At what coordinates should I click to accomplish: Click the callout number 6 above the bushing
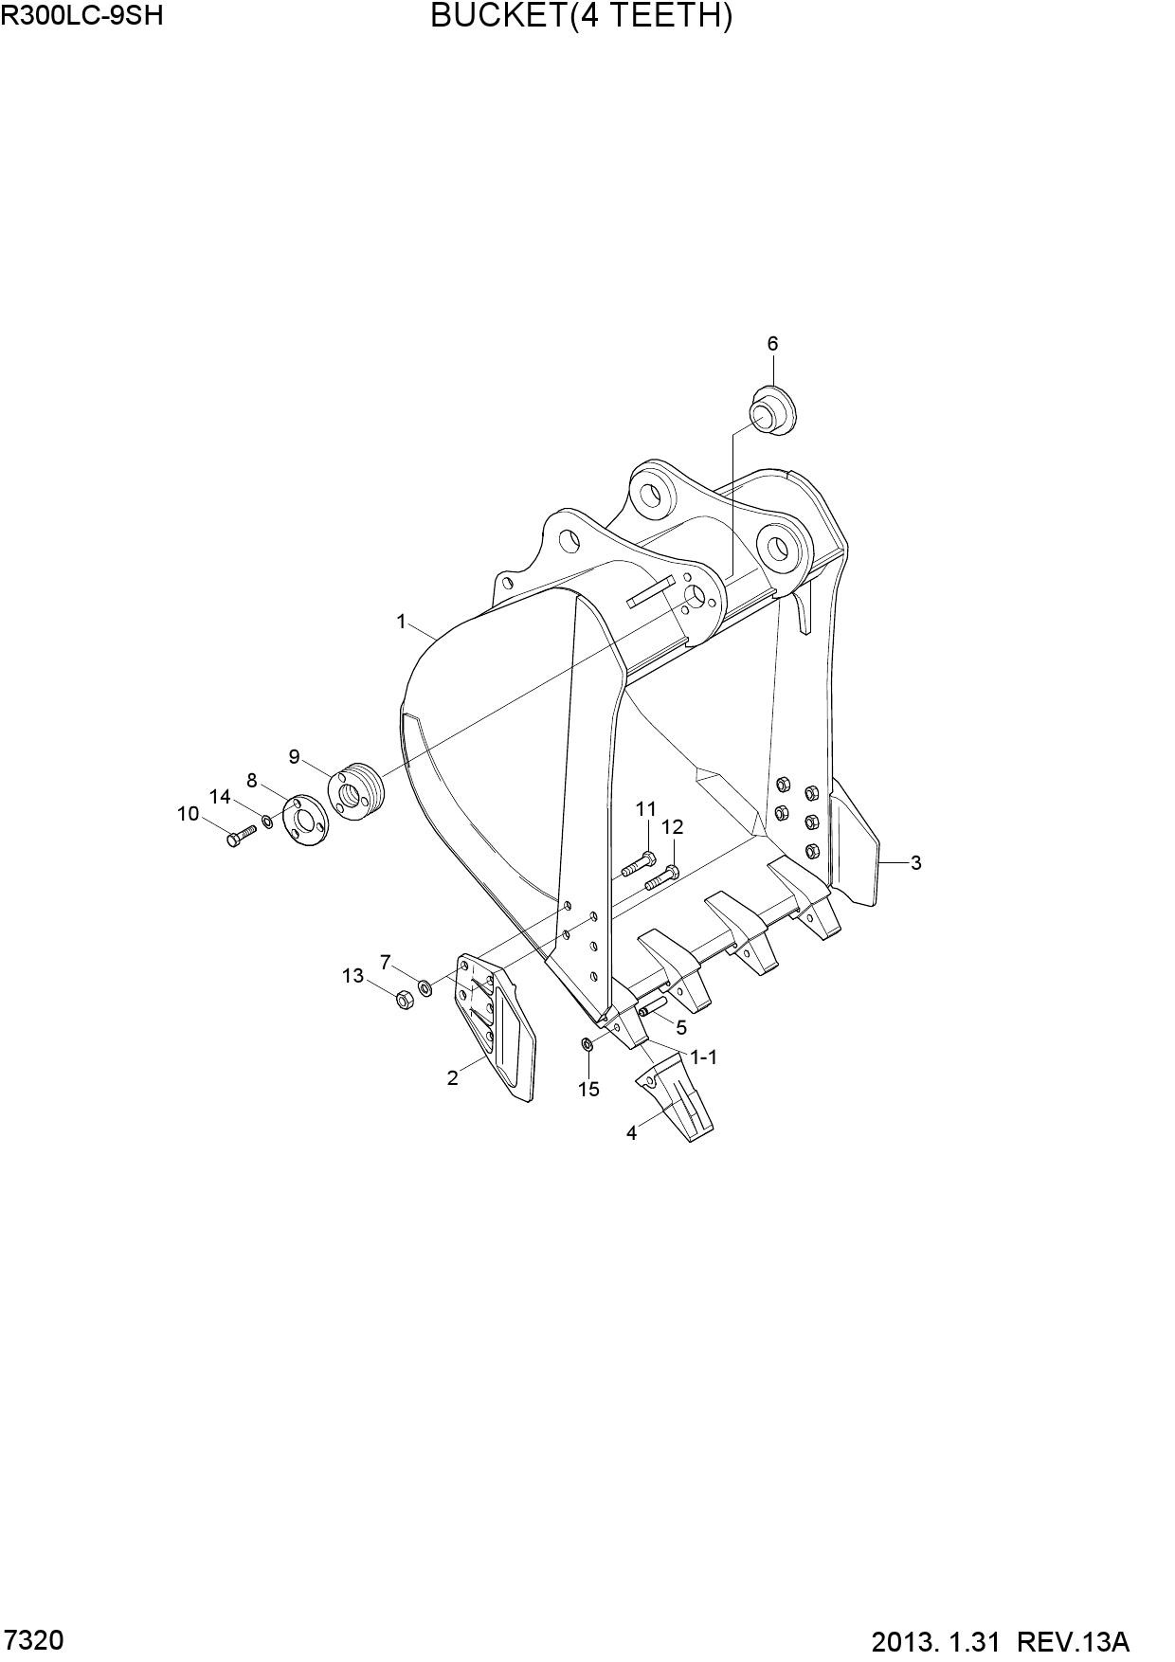tap(772, 344)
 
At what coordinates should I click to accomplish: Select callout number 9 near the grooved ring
tap(295, 757)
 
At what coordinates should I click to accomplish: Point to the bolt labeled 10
tap(242, 837)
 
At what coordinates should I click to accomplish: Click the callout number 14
tap(220, 797)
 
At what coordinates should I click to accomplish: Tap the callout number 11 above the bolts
tap(646, 809)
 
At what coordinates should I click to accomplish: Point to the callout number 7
tap(385, 963)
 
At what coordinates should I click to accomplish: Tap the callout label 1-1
tap(704, 1057)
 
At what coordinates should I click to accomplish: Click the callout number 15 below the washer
tap(588, 1090)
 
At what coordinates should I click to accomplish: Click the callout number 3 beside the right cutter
tap(916, 863)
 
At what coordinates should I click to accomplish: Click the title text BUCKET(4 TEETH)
tap(581, 16)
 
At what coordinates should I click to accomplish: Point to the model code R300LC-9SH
tap(75, 15)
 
